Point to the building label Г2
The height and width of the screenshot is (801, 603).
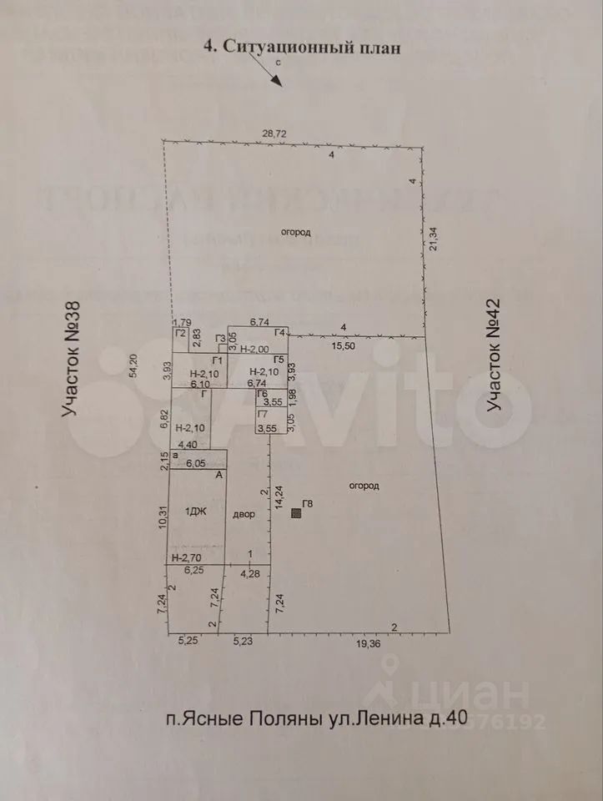point(180,333)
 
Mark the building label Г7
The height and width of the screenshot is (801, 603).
point(262,414)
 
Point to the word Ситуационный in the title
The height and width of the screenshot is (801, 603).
point(289,47)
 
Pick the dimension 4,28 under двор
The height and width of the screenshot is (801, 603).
point(249,573)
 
